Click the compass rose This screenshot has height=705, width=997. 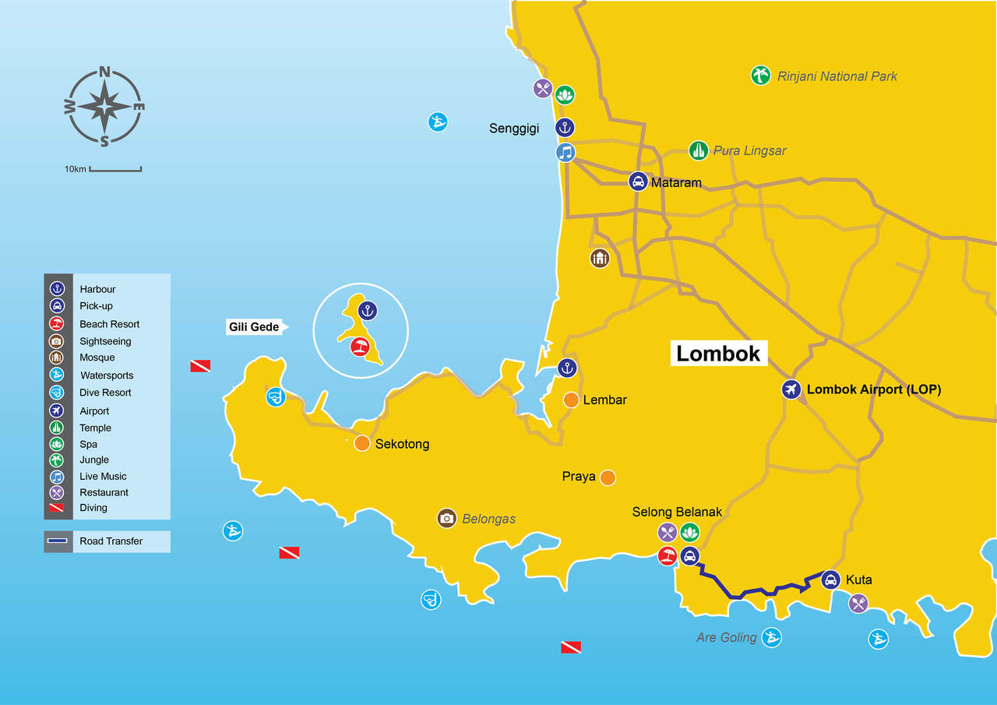point(104,107)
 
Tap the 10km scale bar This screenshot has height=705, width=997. point(115,168)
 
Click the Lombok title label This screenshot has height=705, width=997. point(717,353)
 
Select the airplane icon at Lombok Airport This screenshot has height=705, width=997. point(792,390)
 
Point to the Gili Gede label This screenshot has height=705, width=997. point(254,327)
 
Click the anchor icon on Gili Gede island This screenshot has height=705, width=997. point(368,311)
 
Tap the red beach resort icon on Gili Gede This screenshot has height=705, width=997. point(359,347)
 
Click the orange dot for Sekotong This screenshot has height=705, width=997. point(361,443)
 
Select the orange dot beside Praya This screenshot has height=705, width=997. point(608,477)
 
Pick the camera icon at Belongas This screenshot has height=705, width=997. point(446,518)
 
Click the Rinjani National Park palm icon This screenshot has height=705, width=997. point(760,76)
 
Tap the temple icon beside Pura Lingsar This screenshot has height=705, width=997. point(699,150)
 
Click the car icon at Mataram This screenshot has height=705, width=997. point(638,182)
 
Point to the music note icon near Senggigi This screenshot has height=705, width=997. point(565,152)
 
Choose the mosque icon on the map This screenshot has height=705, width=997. point(599,258)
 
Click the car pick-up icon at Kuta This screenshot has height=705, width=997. point(830,580)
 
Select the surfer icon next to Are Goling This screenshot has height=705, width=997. point(771,637)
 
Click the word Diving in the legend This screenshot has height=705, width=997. point(93,508)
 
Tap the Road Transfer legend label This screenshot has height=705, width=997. point(111,541)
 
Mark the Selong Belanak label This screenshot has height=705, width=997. point(677,512)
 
